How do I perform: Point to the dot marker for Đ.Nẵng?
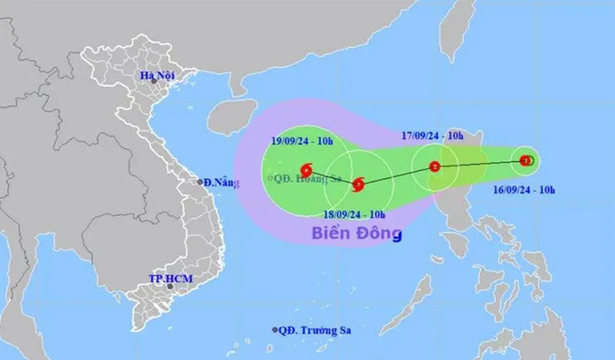coord(201,182)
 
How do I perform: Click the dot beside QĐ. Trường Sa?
coord(274,330)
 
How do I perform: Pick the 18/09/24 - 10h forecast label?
coord(354,213)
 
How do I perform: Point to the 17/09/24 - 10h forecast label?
coord(432,137)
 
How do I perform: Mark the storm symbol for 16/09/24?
coord(527,161)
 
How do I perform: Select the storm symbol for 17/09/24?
coord(435,166)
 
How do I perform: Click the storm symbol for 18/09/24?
coord(358,185)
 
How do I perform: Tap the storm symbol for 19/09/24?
coord(307,168)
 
